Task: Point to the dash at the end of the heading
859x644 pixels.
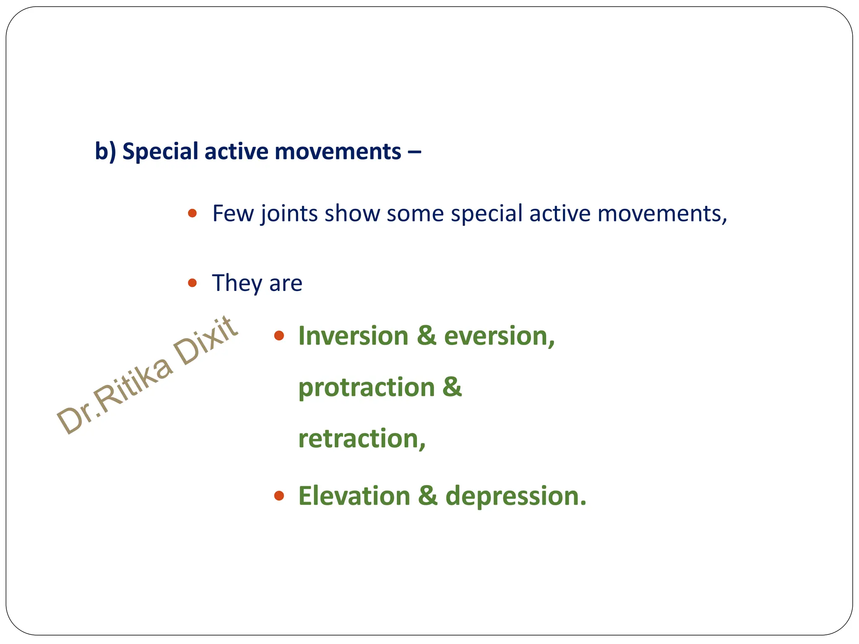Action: point(414,152)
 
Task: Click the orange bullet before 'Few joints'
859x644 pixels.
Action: point(193,213)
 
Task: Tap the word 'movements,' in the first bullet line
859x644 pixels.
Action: point(662,213)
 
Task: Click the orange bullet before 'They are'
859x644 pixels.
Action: point(193,283)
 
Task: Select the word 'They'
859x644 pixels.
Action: point(237,283)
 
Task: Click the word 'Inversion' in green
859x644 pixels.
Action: point(353,336)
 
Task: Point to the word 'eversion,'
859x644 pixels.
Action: point(499,336)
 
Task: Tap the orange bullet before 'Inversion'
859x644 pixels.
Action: point(279,335)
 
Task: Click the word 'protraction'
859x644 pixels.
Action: point(366,387)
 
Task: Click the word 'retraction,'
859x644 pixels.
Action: point(362,439)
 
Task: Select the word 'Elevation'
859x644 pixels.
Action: point(354,496)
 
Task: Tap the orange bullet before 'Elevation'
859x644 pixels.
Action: point(279,496)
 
